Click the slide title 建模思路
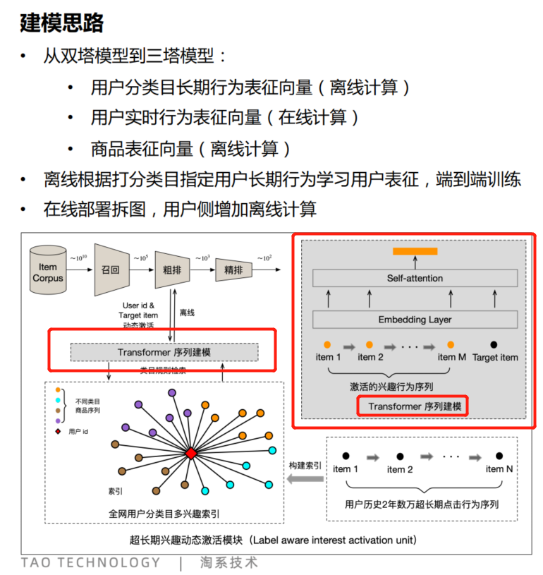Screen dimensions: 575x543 click(x=62, y=23)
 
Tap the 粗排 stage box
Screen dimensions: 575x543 click(x=169, y=270)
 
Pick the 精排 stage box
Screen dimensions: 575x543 click(x=233, y=270)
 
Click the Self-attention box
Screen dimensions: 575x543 click(x=415, y=278)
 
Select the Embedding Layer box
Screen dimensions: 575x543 click(x=415, y=320)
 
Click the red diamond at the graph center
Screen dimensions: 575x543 click(x=190, y=454)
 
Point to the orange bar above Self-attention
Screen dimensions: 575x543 click(x=415, y=251)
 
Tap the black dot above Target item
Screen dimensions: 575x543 click(x=494, y=345)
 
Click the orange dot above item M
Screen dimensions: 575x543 click(x=451, y=345)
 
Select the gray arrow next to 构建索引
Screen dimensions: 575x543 click(x=303, y=480)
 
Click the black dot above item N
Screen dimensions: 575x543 click(x=499, y=456)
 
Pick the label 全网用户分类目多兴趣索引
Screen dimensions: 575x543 click(x=164, y=514)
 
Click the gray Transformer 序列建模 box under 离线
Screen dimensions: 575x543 click(x=164, y=352)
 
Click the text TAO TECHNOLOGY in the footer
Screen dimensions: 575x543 click(x=91, y=562)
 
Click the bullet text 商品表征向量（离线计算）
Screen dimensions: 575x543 click(x=190, y=149)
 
